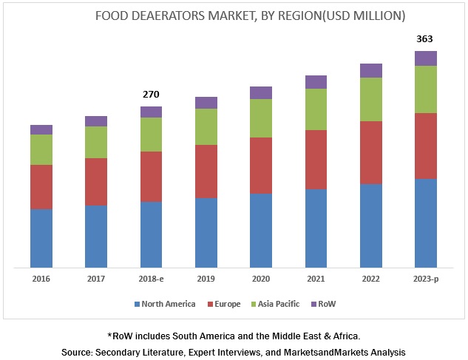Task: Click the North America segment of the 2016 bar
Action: (x=41, y=238)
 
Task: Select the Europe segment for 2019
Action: (x=206, y=171)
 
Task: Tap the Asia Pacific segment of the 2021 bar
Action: (x=316, y=109)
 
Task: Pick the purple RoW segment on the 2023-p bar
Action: (x=426, y=58)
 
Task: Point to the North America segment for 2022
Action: (x=371, y=225)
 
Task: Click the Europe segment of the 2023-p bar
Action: (x=426, y=146)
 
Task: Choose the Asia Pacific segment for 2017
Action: (x=96, y=142)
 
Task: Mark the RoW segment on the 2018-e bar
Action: (x=151, y=112)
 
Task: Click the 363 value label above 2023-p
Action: (x=425, y=39)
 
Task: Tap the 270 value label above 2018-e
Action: (x=151, y=95)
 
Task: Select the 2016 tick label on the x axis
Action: (x=41, y=279)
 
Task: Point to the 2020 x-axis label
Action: (x=261, y=279)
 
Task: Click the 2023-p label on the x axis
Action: (x=425, y=279)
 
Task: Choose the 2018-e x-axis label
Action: (x=151, y=279)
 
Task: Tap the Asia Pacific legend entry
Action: (x=277, y=304)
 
